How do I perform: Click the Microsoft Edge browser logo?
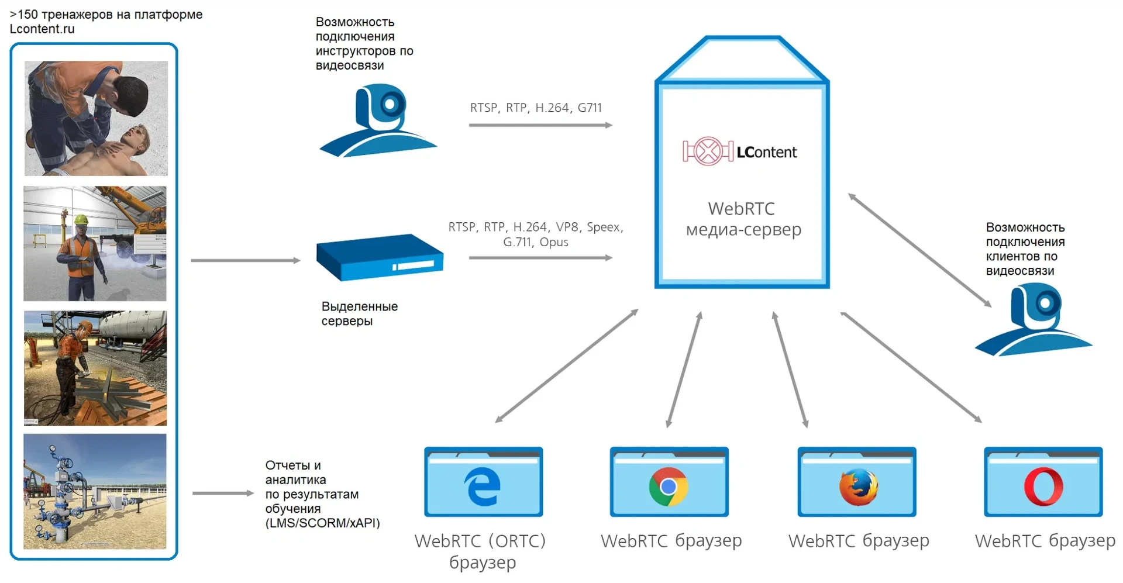coord(483,486)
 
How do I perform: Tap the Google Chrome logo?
coord(669,487)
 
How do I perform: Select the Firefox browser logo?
coord(858,487)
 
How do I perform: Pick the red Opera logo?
coord(1043,487)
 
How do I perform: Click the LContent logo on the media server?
coord(739,151)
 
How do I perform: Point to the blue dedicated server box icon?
coord(380,257)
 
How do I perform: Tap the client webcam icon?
coord(1033,319)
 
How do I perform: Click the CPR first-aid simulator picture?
coord(96,118)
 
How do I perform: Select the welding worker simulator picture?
coord(95,368)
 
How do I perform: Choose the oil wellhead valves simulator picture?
coord(95,491)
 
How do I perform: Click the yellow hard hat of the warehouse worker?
coord(81,220)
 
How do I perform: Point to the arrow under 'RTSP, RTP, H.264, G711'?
coord(540,125)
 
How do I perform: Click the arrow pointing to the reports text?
coord(223,493)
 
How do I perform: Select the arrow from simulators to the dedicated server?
coord(246,260)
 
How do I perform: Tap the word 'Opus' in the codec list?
coord(554,242)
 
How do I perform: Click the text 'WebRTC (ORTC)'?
coord(480,541)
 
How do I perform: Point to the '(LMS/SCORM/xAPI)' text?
coord(323,523)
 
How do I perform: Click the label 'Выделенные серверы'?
coord(359,313)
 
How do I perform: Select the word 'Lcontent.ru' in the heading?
coord(42,29)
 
